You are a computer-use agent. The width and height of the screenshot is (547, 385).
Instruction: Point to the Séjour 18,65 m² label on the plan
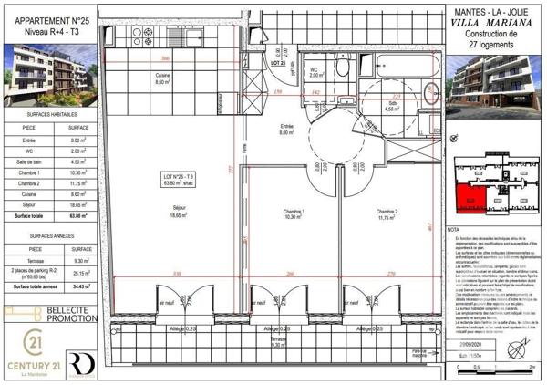176,210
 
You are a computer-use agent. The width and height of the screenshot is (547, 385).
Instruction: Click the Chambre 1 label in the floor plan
292,213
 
